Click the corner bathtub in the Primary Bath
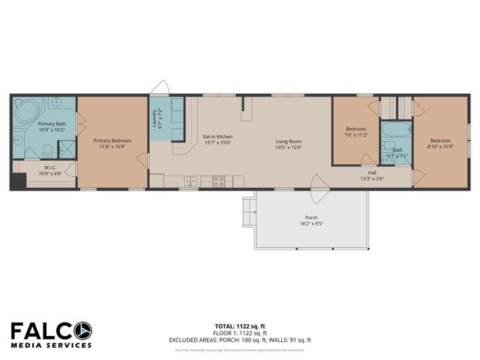[26, 109]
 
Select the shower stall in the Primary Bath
[67, 149]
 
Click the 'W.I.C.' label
[51, 168]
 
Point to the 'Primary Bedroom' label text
[112, 140]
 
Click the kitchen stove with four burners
[220, 181]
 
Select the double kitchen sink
[190, 181]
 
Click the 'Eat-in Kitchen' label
[217, 136]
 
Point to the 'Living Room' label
[288, 140]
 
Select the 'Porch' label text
[310, 217]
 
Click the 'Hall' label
[372, 172]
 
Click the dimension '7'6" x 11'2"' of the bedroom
[355, 135]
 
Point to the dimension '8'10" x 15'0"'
[440, 146]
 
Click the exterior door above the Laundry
[159, 88]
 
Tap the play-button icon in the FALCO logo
[83, 329]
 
